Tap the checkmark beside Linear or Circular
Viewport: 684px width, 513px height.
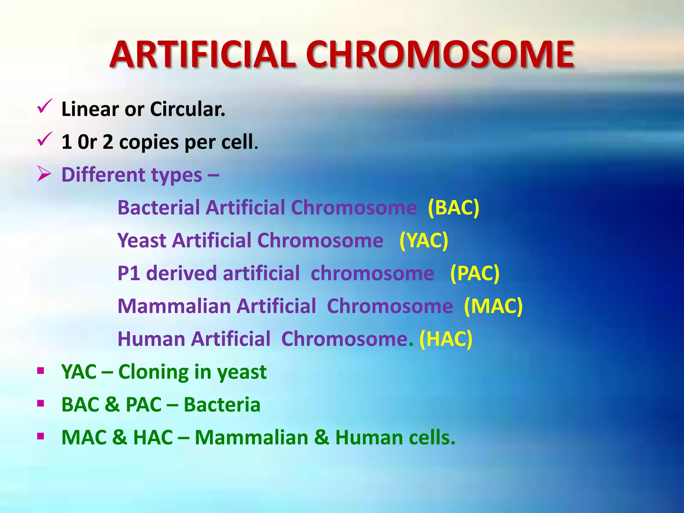pos(44,107)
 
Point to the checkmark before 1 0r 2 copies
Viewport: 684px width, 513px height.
pos(44,139)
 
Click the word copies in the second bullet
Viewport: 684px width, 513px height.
pos(149,142)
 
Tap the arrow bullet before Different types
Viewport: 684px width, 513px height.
pos(44,174)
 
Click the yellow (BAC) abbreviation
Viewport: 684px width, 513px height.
pos(453,208)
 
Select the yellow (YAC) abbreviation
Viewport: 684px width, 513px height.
pos(423,240)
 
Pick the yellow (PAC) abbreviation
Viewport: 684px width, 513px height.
pos(475,274)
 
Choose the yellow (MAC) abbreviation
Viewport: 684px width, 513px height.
pos(493,306)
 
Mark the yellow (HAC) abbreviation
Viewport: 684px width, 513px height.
pos(446,339)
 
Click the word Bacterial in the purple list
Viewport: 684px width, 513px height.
pos(159,208)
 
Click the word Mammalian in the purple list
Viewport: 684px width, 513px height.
pos(174,306)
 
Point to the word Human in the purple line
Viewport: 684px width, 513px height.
pos(151,339)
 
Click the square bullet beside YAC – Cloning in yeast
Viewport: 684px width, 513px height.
pos(41,371)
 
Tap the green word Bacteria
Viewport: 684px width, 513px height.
pos(222,405)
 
